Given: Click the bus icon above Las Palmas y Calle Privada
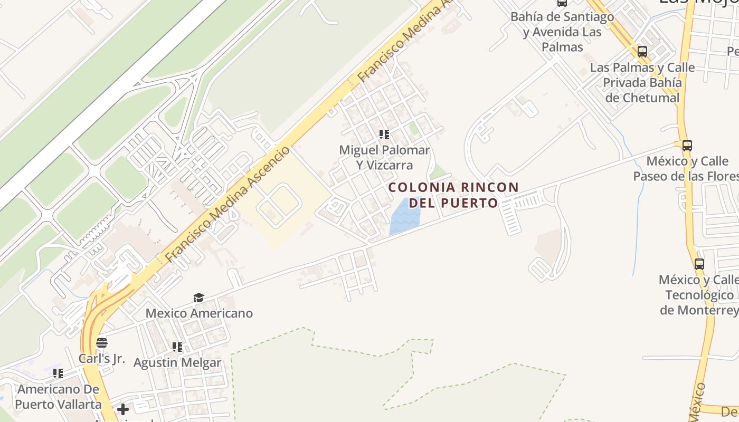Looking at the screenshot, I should pos(642,52).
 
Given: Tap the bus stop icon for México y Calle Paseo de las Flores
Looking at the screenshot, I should pos(687,145).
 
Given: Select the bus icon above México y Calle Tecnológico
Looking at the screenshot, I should pos(699,264).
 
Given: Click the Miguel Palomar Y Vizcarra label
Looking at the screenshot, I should pos(384,157).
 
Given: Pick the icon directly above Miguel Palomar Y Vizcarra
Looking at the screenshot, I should pos(384,135).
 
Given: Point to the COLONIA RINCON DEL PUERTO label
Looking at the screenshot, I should pos(453,195).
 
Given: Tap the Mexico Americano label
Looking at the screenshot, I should pos(199,313).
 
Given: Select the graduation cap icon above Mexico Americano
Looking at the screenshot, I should pos(198,298).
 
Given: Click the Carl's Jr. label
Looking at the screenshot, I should pos(102,359).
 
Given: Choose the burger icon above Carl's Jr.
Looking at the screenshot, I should pos(102,343).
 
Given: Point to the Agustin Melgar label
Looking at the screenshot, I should pos(177,363).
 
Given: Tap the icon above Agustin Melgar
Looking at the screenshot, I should pos(177,347).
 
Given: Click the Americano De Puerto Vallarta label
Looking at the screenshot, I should pos(58,397).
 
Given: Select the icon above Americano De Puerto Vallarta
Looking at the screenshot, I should pos(58,373).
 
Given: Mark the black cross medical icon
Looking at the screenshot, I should pos(123,409).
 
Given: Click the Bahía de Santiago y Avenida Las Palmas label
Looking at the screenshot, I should pos(562,32).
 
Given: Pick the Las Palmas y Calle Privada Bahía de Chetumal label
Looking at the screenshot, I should pos(642,83).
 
